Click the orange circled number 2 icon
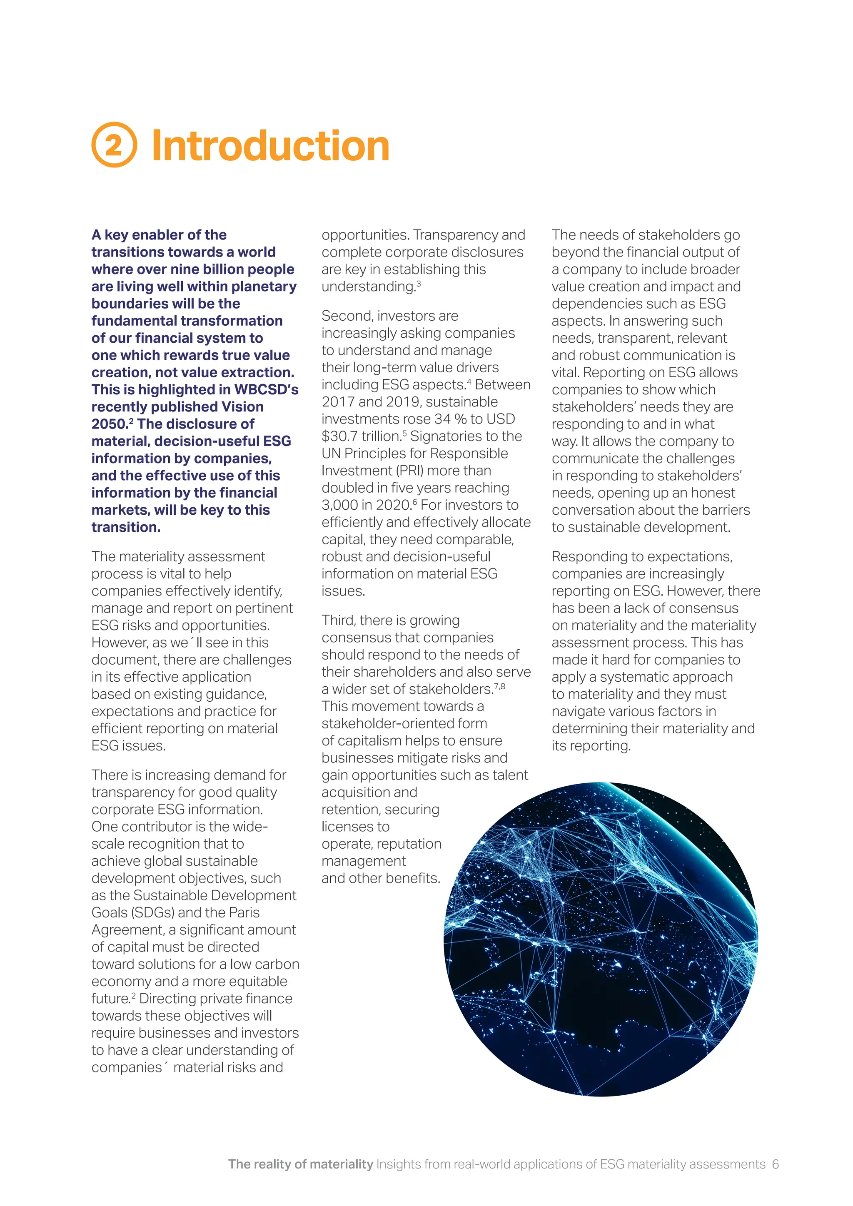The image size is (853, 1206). [x=114, y=145]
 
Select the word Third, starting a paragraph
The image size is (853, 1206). [x=339, y=620]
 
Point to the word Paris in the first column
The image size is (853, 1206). [x=244, y=912]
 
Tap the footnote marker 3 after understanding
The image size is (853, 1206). [x=419, y=284]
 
